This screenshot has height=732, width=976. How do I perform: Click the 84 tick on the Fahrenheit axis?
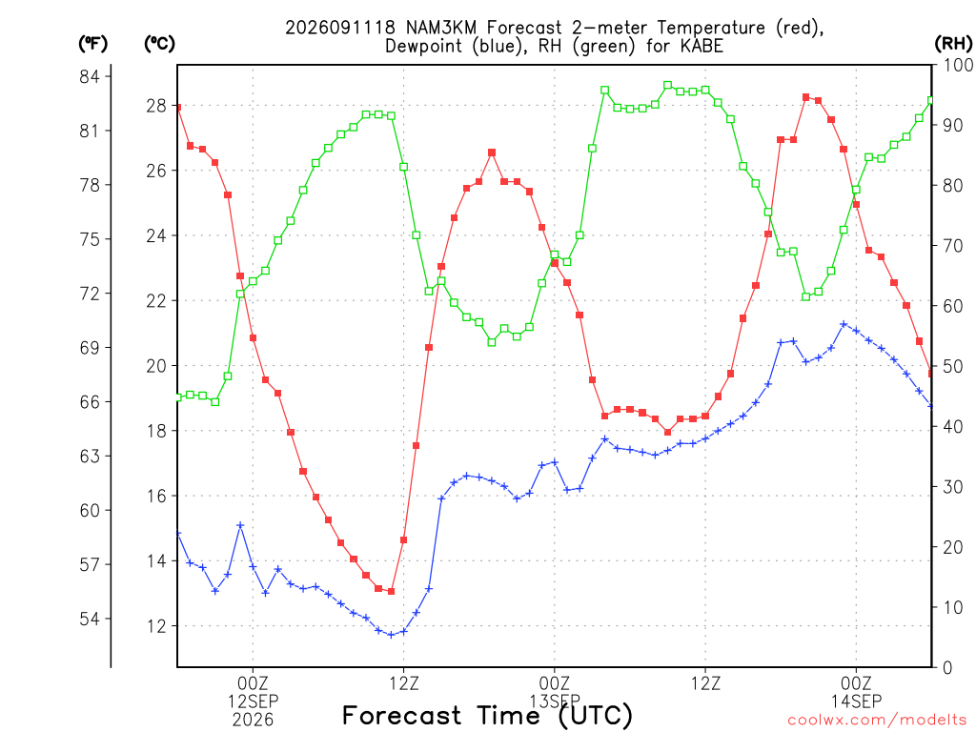pyautogui.click(x=90, y=76)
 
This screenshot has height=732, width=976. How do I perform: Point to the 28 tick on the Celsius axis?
pyautogui.click(x=157, y=106)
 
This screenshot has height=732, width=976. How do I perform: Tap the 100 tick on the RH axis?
pyautogui.click(x=957, y=65)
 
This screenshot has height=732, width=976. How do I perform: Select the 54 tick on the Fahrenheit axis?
pyautogui.click(x=90, y=619)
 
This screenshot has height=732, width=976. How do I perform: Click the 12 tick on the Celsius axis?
pyautogui.click(x=157, y=626)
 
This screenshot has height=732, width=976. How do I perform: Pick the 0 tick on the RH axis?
pyautogui.click(x=947, y=667)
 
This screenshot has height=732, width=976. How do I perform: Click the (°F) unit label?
pyautogui.click(x=92, y=44)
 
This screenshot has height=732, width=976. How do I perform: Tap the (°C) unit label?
pyautogui.click(x=159, y=44)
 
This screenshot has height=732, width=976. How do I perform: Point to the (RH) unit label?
pyautogui.click(x=953, y=44)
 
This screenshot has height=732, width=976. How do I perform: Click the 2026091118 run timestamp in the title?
pyautogui.click(x=340, y=28)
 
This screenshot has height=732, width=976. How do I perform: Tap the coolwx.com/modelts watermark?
pyautogui.click(x=877, y=720)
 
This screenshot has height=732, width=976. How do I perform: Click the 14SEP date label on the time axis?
pyautogui.click(x=856, y=701)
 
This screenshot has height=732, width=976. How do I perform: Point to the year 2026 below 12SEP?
pyautogui.click(x=253, y=720)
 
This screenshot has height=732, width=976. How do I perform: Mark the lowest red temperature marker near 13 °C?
pyautogui.click(x=391, y=591)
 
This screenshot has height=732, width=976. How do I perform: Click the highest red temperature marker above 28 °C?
pyautogui.click(x=805, y=97)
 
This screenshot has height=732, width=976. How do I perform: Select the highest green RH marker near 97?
pyautogui.click(x=667, y=85)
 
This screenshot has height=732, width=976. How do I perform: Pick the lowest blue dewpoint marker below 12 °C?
pyautogui.click(x=391, y=635)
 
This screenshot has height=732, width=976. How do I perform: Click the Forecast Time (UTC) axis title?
pyautogui.click(x=487, y=716)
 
